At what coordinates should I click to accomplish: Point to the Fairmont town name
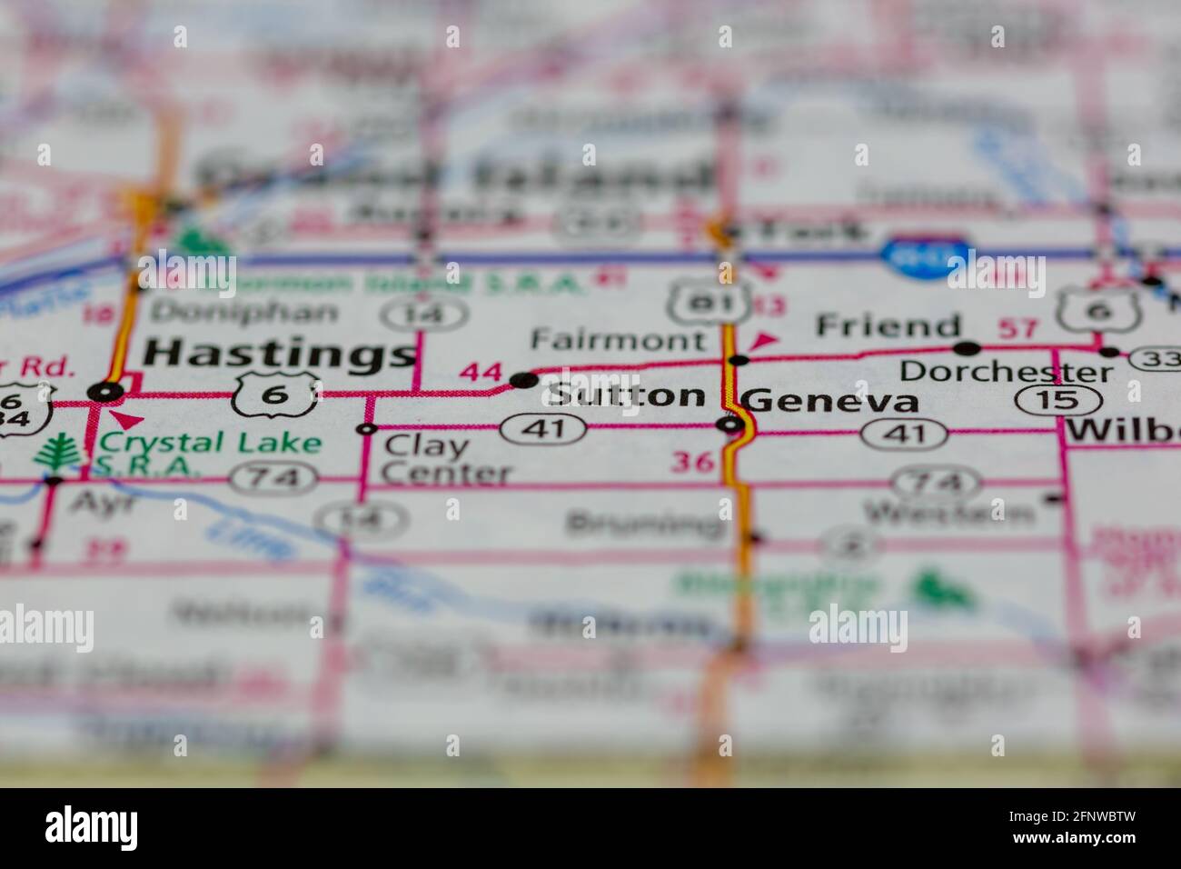618,340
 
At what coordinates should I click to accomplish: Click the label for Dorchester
1006,371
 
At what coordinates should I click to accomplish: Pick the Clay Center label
445,459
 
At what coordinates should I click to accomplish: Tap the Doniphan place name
243,312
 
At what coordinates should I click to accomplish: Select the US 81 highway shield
710,300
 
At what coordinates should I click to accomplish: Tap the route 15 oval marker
1058,400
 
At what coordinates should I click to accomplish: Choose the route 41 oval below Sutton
543,428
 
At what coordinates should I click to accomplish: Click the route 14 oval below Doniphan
424,315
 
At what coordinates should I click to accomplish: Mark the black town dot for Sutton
523,380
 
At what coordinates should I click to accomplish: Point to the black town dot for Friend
966,347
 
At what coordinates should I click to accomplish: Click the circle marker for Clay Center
367,429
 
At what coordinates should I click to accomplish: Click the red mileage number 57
1017,327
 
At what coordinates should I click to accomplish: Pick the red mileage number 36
691,462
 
